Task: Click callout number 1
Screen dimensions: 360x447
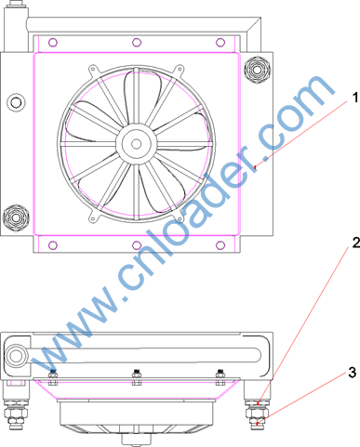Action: click(x=355, y=98)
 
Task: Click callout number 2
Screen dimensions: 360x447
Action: click(x=355, y=243)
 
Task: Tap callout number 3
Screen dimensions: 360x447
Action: click(x=352, y=373)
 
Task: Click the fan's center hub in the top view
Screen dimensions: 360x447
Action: click(x=136, y=144)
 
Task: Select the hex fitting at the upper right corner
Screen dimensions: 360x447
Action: click(x=257, y=70)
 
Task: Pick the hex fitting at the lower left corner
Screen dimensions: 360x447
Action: click(x=16, y=217)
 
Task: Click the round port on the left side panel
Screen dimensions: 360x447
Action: click(x=16, y=102)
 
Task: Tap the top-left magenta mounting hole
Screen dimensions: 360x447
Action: click(x=53, y=42)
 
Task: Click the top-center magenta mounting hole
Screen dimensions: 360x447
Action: click(x=137, y=42)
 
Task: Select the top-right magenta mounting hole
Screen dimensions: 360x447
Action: click(x=220, y=42)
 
